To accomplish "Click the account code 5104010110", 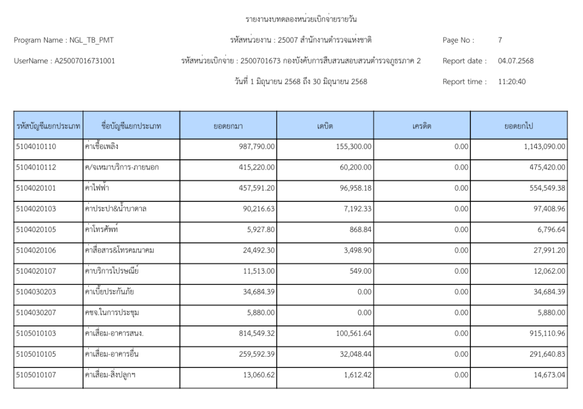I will point(36,146).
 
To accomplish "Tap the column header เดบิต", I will point(325,126).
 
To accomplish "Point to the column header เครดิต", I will point(422,126).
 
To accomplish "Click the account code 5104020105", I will point(36,229).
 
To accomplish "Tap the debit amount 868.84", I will point(361,229).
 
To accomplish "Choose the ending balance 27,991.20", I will point(547,250).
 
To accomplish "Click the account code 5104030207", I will point(36,313).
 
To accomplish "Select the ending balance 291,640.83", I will point(545,354).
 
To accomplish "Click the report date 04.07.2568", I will point(515,61).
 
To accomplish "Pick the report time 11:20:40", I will point(512,81).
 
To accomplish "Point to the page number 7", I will point(500,40).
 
